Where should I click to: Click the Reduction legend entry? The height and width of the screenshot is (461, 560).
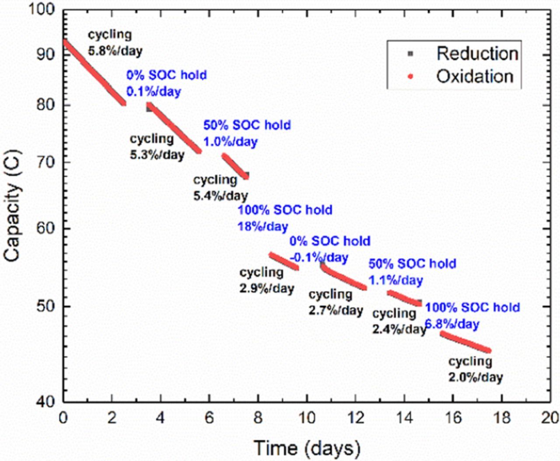tap(477, 53)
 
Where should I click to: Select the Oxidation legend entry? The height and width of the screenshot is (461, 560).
tap(474, 76)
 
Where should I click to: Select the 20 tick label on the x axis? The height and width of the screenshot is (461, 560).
tap(549, 418)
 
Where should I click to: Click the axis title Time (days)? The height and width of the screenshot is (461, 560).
tap(307, 448)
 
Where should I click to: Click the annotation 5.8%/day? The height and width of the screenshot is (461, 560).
tap(115, 51)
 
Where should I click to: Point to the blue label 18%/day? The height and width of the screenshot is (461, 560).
tap(262, 226)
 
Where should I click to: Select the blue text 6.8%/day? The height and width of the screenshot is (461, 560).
tap(452, 324)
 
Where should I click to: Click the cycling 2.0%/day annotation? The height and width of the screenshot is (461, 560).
tap(475, 369)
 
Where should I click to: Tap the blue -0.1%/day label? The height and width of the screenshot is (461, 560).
tap(318, 257)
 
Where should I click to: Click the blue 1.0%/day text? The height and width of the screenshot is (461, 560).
tap(230, 142)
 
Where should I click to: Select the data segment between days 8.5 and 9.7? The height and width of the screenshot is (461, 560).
tap(284, 261)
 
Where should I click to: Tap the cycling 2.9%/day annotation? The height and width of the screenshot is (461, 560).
tap(266, 281)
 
